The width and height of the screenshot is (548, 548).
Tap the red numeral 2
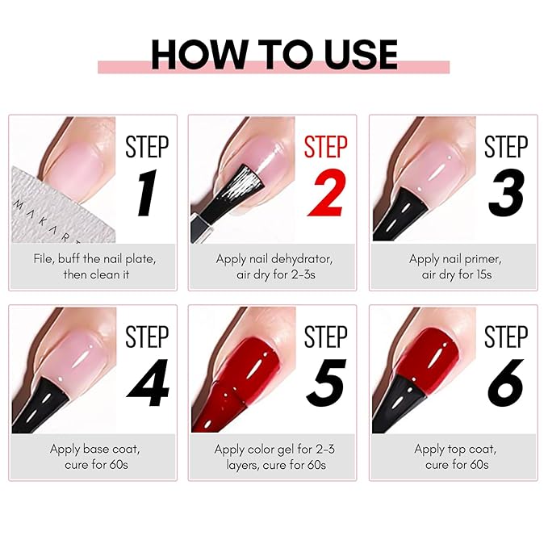tap(328, 193)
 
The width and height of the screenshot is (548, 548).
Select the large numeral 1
tap(147, 193)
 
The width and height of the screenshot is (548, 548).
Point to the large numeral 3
tap(506, 193)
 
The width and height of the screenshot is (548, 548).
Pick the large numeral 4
tap(148, 383)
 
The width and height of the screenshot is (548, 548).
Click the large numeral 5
tap(327, 383)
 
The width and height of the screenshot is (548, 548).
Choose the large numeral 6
tap(506, 383)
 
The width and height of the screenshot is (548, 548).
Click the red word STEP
tap(326, 147)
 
